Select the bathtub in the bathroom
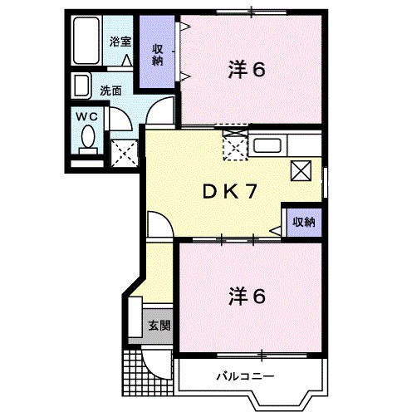87,42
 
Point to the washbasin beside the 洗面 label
82,86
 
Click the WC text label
87,116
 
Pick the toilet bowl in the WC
87,139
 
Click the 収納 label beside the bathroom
157,53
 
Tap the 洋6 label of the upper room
247,71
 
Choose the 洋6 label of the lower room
247,295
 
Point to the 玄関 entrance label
160,324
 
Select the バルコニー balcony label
247,375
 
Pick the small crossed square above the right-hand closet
301,172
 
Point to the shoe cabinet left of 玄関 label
135,319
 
